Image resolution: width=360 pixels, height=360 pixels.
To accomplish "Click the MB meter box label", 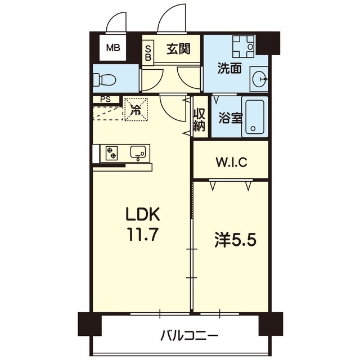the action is (x=113, y=48).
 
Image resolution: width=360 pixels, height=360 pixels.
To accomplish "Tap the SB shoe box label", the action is (x=148, y=53).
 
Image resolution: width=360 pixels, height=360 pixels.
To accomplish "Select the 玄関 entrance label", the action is (x=178, y=49).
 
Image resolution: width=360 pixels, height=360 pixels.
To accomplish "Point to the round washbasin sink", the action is (x=260, y=79).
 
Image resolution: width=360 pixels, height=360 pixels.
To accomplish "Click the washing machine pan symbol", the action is (x=244, y=47).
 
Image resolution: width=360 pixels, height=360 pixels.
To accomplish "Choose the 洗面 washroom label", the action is (x=229, y=68).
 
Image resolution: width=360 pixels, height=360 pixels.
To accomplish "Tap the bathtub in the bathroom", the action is (x=255, y=117).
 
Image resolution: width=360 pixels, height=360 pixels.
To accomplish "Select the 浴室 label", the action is (x=230, y=118).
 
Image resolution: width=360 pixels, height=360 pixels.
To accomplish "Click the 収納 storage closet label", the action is (x=199, y=120).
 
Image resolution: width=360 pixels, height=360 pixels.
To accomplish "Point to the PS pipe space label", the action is (x=105, y=100).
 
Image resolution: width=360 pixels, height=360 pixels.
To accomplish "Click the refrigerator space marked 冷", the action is (x=136, y=109).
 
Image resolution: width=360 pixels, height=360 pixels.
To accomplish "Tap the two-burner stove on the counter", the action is (x=112, y=153).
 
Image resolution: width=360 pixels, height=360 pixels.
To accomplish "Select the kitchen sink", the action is (x=138, y=152).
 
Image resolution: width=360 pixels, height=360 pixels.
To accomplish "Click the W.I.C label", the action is (x=231, y=162).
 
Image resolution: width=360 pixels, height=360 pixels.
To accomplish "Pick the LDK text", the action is (x=142, y=214).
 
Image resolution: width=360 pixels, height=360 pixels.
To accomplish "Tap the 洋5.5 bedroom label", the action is (x=235, y=240).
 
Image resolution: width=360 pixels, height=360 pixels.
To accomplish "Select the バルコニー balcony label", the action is (x=189, y=336).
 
